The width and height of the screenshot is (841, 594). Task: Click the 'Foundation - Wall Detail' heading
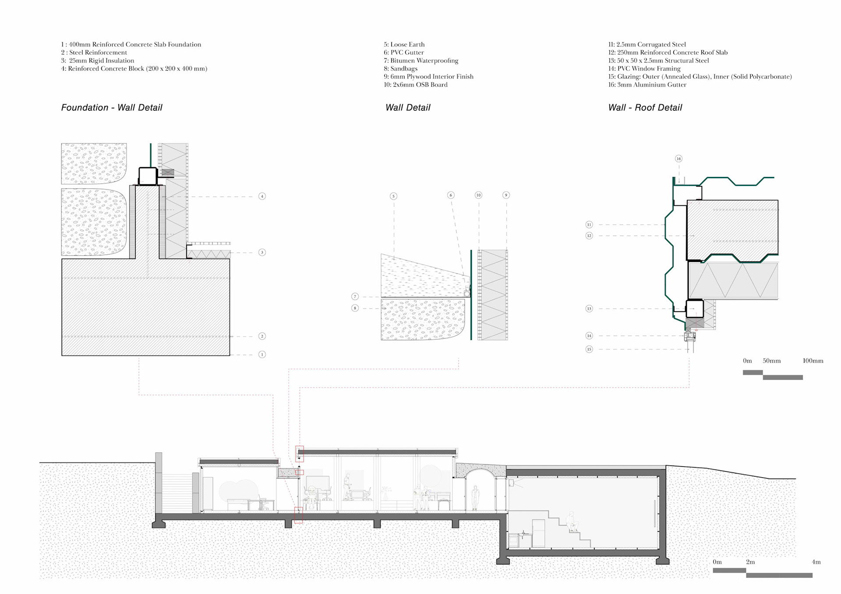point(112,108)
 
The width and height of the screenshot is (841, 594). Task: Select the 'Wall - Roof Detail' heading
point(645,108)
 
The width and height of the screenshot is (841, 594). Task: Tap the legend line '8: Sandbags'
point(400,69)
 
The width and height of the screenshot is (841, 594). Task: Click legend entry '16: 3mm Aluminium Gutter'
point(647,85)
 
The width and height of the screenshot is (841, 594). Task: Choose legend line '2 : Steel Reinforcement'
point(94,53)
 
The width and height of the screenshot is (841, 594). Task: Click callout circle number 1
point(262,355)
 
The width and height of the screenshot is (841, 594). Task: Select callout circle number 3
point(262,253)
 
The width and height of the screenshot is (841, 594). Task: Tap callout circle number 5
point(393,196)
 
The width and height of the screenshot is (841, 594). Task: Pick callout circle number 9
point(506,195)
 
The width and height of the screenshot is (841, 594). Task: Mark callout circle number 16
point(678,159)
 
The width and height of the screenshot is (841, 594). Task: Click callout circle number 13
point(589,309)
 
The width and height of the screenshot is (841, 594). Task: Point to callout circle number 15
point(589,349)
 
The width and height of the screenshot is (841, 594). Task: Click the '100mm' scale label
point(813,361)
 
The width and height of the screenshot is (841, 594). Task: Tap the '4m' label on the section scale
point(816,562)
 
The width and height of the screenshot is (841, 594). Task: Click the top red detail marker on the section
point(300,453)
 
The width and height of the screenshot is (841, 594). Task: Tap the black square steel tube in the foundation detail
point(148,176)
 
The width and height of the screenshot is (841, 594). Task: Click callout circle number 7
point(355,297)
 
